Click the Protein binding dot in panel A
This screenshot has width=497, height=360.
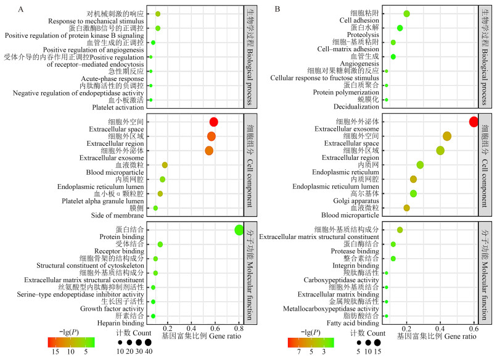[x=239, y=230]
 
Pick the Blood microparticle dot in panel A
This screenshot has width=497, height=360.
[x=165, y=165]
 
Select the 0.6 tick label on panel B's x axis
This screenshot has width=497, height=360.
[x=473, y=328]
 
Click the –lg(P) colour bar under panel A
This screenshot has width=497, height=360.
[x=71, y=341]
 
